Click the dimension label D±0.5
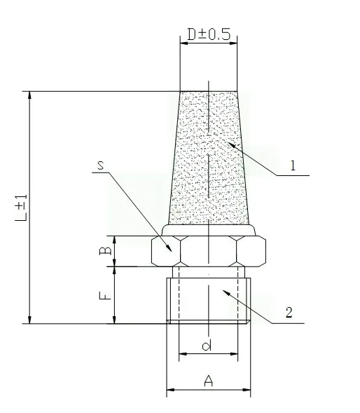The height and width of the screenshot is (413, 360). click(208, 33)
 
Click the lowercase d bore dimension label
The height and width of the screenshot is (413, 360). click(207, 345)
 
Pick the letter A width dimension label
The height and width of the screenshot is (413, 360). click(208, 381)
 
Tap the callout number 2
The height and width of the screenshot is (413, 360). click(288, 312)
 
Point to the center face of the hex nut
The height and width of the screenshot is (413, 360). click(208, 251)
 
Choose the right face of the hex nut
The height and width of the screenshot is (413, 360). click(251, 251)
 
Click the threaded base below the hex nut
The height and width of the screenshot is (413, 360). click(208, 298)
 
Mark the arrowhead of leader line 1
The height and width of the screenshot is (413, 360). click(225, 141)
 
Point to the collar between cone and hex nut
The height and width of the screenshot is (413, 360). click(209, 230)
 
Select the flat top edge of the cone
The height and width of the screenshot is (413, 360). click(208, 91)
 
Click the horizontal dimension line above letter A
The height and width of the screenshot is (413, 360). click(208, 391)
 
